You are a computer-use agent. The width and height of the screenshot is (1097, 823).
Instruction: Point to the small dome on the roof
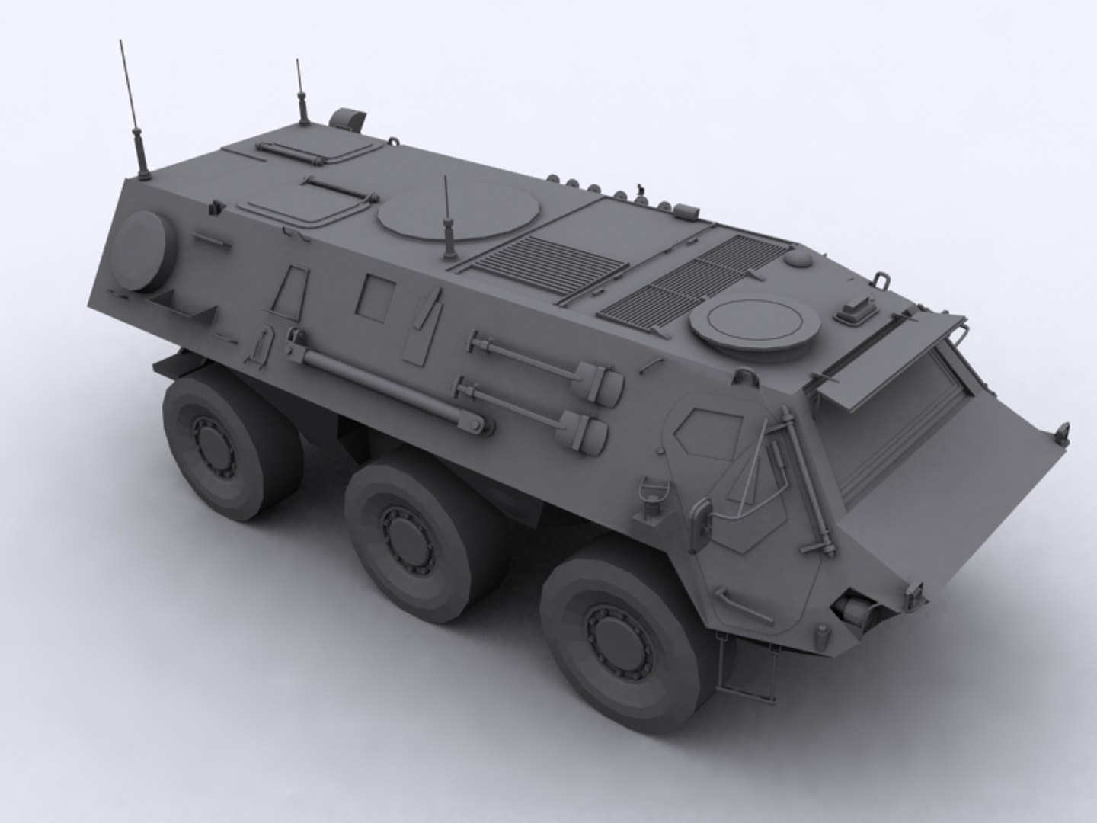click(797, 259)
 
